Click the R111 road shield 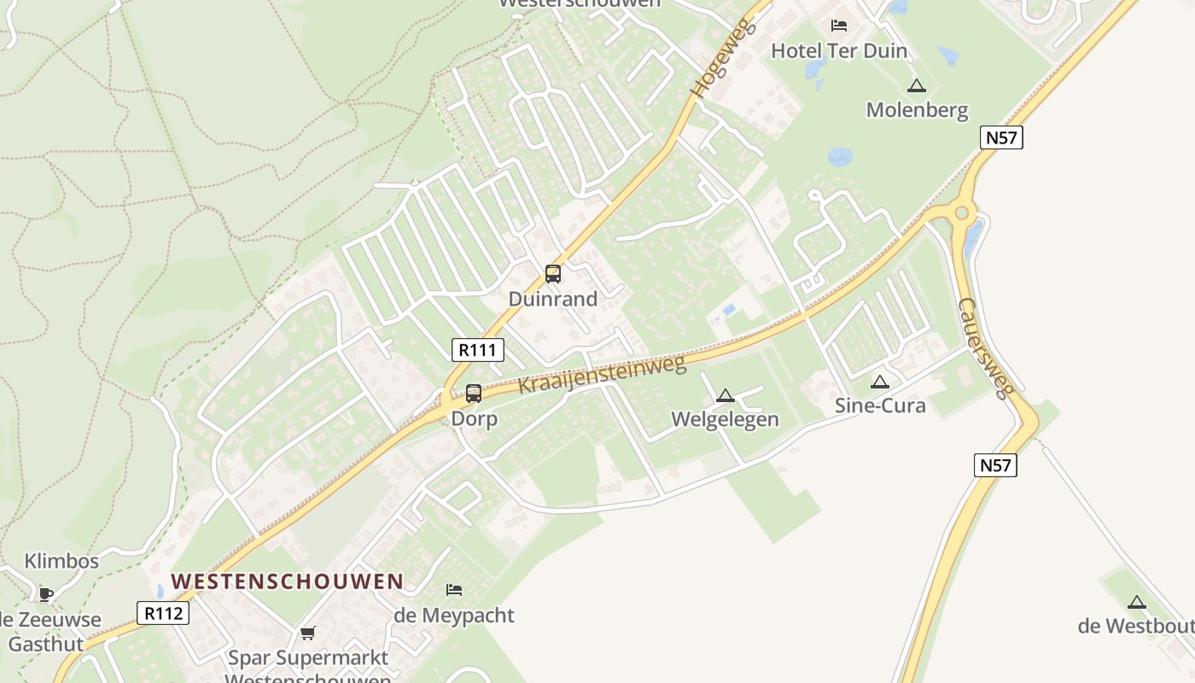point(478,349)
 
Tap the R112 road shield point(163,612)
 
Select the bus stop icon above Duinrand point(553,274)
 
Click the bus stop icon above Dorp point(474,394)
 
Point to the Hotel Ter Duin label point(838,51)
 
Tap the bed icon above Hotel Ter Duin point(839,26)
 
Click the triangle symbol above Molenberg point(917,85)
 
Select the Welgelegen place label point(725,419)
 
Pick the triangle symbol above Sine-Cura point(880,382)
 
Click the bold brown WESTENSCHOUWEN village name point(287,581)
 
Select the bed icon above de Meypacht point(454,589)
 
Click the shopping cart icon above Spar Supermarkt point(308,633)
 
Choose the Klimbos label point(61,561)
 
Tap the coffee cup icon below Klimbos point(45,593)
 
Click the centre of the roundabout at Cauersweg point(962,213)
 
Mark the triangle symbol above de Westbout point(1136,602)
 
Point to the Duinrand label point(552,299)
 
